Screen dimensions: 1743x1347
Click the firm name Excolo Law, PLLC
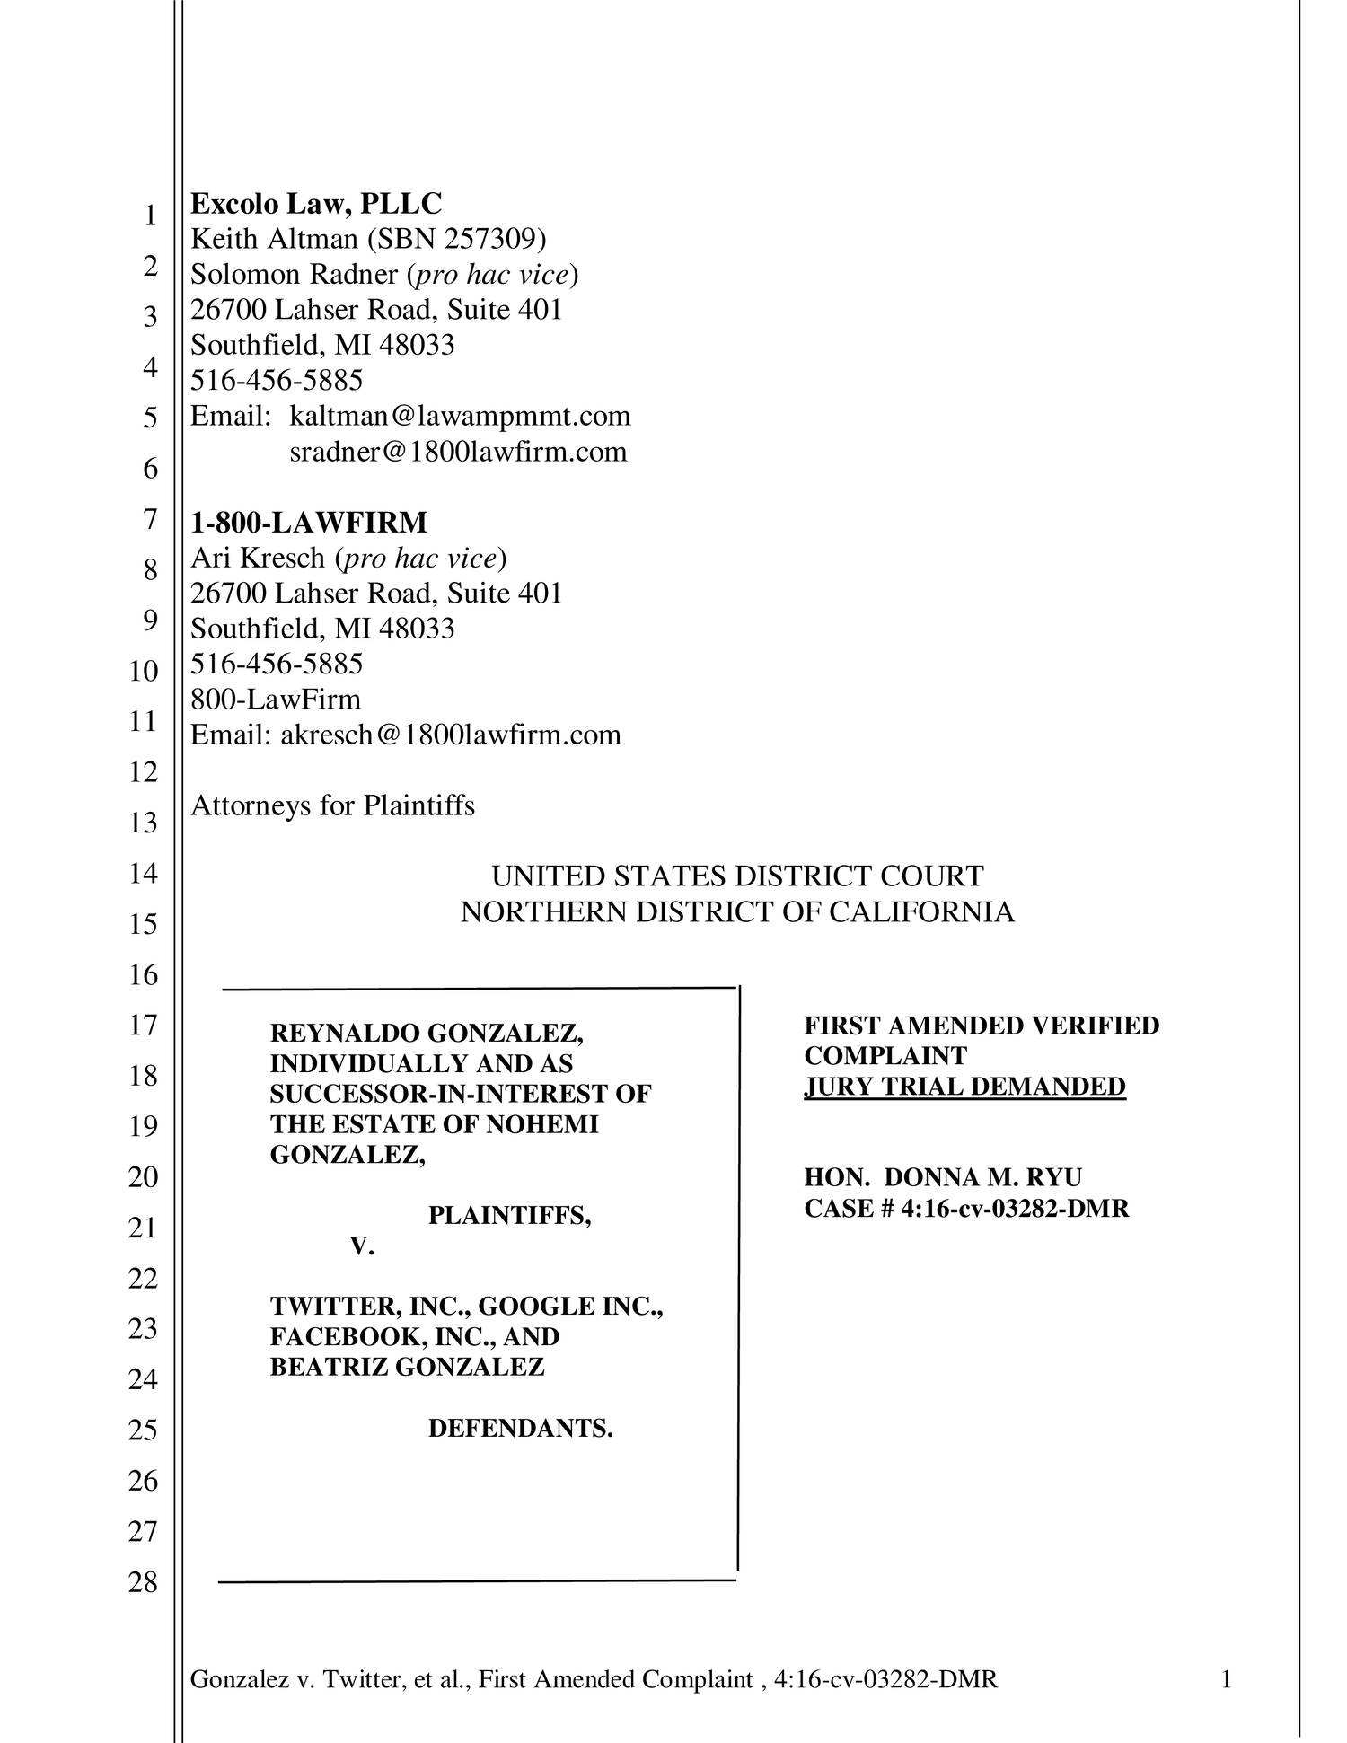point(316,204)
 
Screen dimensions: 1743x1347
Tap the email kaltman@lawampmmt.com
point(460,416)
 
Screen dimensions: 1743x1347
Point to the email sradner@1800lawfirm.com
point(458,451)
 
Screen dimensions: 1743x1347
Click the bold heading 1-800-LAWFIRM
point(309,522)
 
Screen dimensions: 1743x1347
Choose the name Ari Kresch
point(258,558)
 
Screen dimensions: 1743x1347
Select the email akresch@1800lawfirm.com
point(451,735)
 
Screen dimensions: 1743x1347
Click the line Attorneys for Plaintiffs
point(332,805)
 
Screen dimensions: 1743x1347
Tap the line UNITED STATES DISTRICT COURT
point(737,876)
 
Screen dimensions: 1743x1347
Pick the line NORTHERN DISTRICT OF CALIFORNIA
point(737,911)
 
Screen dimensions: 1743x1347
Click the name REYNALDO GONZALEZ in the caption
point(427,1034)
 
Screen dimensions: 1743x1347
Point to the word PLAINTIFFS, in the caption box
point(509,1216)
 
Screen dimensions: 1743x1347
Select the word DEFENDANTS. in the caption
point(520,1428)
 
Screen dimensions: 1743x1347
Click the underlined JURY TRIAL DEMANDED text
point(964,1087)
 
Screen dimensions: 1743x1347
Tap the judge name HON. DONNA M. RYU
point(943,1177)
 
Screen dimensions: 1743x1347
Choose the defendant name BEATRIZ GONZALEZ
point(407,1367)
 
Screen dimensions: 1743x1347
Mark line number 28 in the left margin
point(143,1582)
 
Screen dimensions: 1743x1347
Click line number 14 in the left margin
point(143,873)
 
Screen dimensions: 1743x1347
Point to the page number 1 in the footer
point(1226,1679)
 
